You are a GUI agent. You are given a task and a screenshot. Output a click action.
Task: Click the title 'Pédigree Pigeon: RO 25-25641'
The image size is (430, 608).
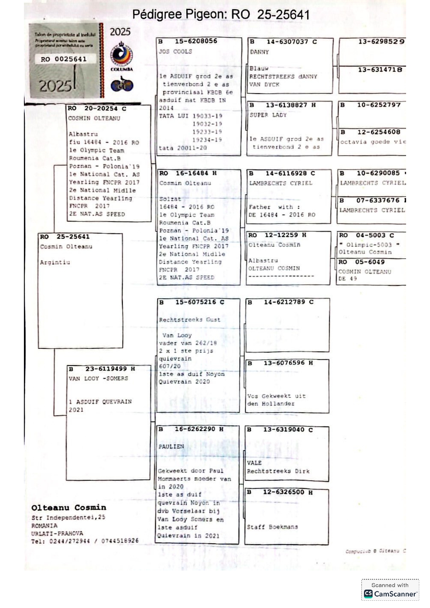(x=221, y=15)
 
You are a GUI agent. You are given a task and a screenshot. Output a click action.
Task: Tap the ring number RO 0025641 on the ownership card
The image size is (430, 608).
(x=63, y=59)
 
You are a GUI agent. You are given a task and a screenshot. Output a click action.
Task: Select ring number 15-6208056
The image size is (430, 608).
(x=196, y=41)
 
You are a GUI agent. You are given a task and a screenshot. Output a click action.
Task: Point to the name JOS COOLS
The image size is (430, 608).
(x=175, y=52)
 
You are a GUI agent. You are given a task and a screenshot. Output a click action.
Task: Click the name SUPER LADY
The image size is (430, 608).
(x=268, y=115)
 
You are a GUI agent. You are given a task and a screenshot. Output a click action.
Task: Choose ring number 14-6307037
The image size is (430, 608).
(x=287, y=42)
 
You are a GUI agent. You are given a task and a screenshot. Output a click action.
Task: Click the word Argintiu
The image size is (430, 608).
(x=55, y=262)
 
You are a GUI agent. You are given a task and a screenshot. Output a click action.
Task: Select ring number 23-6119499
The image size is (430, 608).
(x=106, y=369)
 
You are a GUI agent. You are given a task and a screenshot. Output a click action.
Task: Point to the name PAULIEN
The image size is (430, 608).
(x=171, y=447)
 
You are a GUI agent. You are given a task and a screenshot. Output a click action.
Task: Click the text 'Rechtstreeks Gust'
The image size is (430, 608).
(x=189, y=320)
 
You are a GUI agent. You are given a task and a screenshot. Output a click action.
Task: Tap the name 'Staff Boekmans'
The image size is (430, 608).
(x=272, y=527)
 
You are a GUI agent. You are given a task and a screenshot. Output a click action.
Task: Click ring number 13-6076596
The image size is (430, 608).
(x=284, y=363)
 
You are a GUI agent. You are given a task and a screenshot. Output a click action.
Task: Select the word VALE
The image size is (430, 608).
(x=254, y=463)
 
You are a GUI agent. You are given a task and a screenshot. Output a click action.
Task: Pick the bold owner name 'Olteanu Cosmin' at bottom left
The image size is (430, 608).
(x=69, y=508)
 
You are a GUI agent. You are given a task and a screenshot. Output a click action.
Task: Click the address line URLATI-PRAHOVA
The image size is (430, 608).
(x=57, y=533)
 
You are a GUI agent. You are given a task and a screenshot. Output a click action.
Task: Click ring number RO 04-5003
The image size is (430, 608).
(x=366, y=235)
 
